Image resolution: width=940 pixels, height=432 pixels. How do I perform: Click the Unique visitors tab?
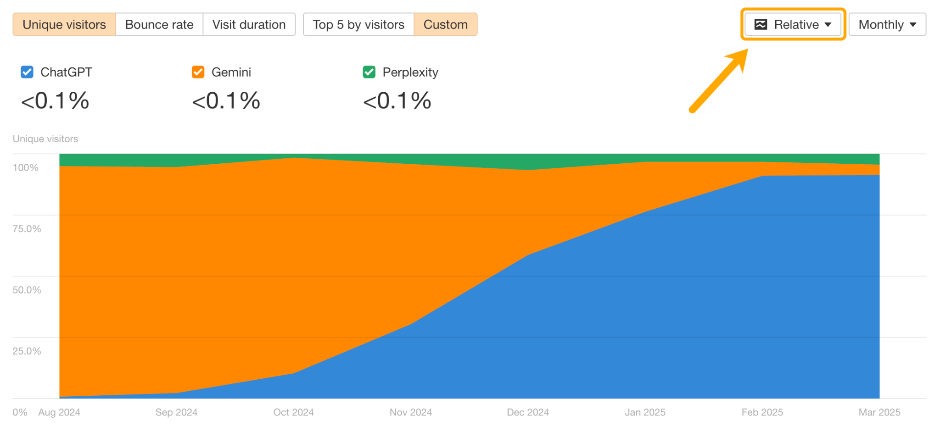click(x=64, y=24)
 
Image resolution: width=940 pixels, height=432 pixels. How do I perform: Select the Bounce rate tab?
click(x=159, y=24)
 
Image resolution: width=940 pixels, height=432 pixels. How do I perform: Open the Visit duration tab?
click(x=249, y=24)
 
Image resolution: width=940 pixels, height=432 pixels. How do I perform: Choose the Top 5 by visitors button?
click(x=358, y=24)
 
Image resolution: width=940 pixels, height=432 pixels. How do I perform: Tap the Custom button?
click(x=445, y=24)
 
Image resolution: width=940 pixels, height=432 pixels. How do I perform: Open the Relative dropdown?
click(x=793, y=24)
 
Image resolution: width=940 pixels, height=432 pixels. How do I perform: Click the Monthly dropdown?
click(x=887, y=24)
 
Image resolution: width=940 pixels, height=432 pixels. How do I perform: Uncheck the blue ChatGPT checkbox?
click(x=27, y=72)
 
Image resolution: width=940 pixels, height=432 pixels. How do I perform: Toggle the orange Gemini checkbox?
click(x=198, y=72)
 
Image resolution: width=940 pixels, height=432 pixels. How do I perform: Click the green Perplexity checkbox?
click(x=369, y=72)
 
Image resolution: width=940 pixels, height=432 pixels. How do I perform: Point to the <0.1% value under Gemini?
click(x=226, y=101)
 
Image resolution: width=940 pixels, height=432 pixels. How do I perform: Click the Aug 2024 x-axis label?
click(x=59, y=412)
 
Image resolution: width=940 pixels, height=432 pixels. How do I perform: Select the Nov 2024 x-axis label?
click(x=411, y=412)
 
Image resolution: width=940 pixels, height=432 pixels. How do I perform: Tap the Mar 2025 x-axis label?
click(x=879, y=412)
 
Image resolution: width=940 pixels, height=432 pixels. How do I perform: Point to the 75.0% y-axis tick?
click(x=27, y=229)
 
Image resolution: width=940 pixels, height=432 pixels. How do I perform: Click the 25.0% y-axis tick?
click(x=27, y=351)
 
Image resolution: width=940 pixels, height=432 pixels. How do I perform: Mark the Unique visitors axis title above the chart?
click(x=45, y=139)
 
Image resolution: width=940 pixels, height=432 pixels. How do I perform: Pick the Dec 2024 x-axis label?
click(x=528, y=412)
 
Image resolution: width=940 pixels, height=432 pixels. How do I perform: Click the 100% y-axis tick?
click(x=25, y=168)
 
